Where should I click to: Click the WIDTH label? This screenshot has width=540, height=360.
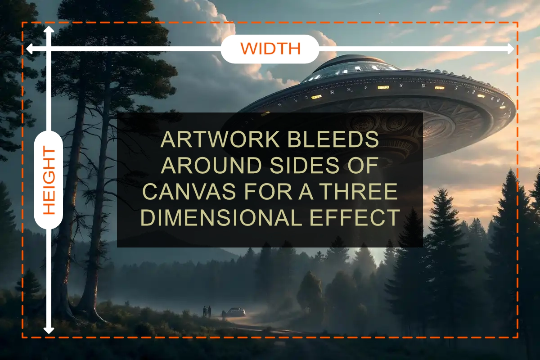[270, 49]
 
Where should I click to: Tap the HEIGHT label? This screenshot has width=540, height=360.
[49, 181]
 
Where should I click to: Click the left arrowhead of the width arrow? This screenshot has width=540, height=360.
[29, 49]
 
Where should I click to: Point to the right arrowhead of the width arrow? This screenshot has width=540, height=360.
[510, 49]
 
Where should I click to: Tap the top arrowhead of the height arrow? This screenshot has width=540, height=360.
[49, 29]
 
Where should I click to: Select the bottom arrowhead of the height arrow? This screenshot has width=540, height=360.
[49, 331]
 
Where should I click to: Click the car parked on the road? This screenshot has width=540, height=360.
[236, 312]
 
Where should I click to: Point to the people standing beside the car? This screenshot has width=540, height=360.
[207, 311]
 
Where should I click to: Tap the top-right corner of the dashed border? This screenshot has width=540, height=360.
[517, 22]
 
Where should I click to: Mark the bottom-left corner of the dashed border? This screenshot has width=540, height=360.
[22, 337]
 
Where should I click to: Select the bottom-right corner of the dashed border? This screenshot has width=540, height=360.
[517, 337]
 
